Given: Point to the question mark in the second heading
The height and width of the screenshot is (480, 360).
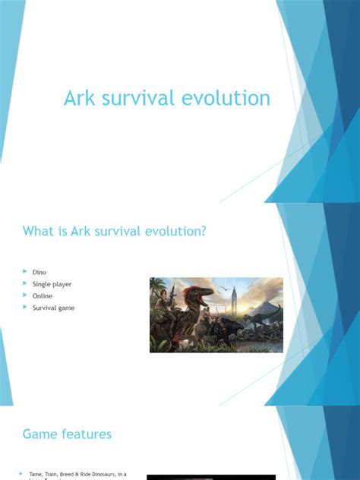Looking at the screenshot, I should coord(204,231).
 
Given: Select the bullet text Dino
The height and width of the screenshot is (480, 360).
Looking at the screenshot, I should coord(39,271).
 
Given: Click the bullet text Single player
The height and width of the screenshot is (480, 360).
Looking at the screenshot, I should coord(52,283).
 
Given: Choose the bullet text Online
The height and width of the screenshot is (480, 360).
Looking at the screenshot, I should coord(43,295).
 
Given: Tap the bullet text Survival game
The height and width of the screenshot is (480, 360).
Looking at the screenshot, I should coord(53,308).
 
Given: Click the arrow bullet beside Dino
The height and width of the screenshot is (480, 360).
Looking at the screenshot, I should coord(25,271).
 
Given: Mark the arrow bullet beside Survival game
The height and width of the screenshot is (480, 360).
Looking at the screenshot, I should coord(25,308).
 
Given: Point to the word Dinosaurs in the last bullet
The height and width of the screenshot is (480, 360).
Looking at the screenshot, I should coord(96,474).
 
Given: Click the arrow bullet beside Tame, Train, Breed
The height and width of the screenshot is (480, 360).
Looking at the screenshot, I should coord(21,474).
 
